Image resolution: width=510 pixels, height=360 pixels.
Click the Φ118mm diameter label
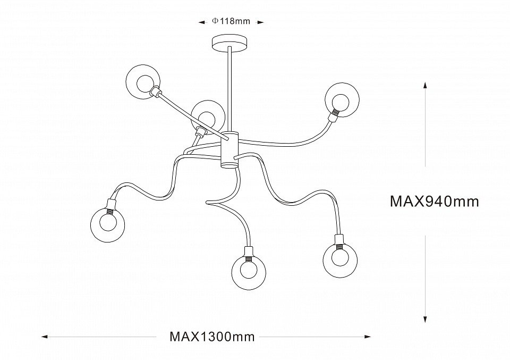click(x=231, y=21)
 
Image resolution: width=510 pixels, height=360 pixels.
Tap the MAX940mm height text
click(x=435, y=202)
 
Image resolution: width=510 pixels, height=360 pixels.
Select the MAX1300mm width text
click(x=212, y=337)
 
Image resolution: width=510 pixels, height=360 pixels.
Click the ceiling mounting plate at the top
click(x=229, y=42)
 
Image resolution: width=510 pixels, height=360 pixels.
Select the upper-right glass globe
click(x=342, y=99)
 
